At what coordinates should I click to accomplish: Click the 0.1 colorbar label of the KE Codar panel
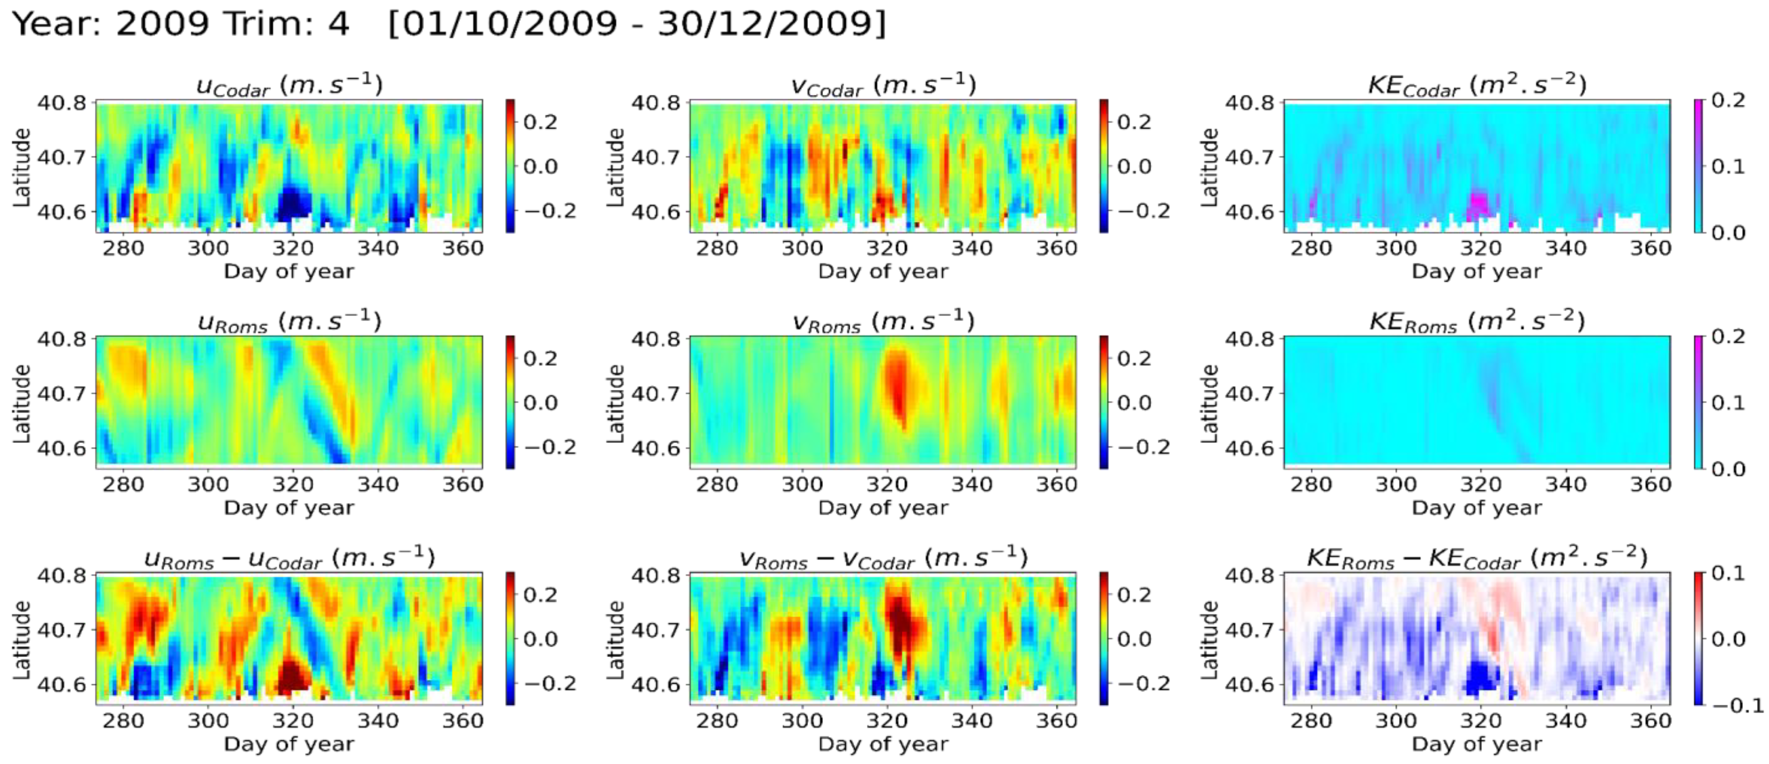[x=1728, y=166]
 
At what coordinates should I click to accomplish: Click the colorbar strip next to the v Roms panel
[x=1103, y=402]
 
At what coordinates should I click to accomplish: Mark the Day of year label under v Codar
[x=883, y=271]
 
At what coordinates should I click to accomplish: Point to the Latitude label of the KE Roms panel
[x=1209, y=403]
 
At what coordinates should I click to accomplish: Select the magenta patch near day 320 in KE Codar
[x=1479, y=205]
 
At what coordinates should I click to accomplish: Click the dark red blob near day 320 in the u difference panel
[x=293, y=676]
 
